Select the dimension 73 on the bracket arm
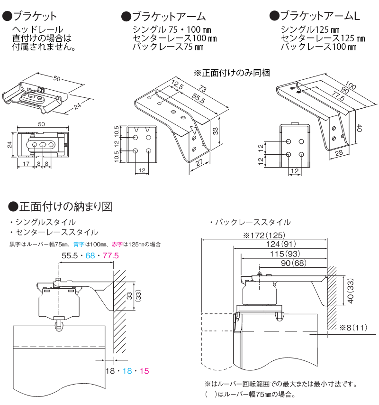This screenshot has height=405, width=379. click(202, 90)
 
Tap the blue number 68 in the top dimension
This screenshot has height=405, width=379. click(90, 256)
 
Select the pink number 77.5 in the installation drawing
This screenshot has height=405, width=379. click(110, 256)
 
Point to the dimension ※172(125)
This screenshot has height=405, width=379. click(263, 235)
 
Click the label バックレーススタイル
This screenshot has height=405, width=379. click(253, 222)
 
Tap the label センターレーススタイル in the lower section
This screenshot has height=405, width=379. click(56, 232)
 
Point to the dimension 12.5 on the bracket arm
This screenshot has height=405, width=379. click(178, 85)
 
